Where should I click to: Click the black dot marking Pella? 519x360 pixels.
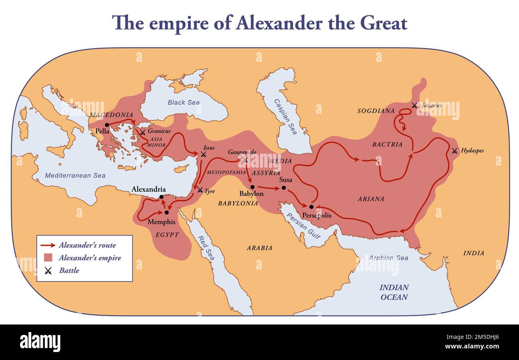(x=107, y=125)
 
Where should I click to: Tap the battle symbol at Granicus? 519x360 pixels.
(x=143, y=132)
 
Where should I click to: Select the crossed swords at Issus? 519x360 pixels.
(x=204, y=154)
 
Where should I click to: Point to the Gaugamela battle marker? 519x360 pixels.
(x=245, y=160)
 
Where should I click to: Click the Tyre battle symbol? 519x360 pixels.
(x=200, y=190)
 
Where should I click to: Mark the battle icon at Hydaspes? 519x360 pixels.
(x=454, y=151)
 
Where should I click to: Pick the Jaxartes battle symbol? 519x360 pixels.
(x=414, y=105)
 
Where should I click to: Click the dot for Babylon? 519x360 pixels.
(x=252, y=187)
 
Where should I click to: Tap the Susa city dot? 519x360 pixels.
(x=283, y=188)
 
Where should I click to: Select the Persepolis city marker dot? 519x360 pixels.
(x=311, y=207)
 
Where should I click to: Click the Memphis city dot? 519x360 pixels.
(x=166, y=212)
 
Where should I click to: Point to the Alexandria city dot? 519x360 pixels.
(x=161, y=197)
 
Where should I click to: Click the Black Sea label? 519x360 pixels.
(x=184, y=103)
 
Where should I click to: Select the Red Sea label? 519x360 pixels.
(x=208, y=247)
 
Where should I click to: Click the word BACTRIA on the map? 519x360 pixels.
(x=387, y=144)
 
